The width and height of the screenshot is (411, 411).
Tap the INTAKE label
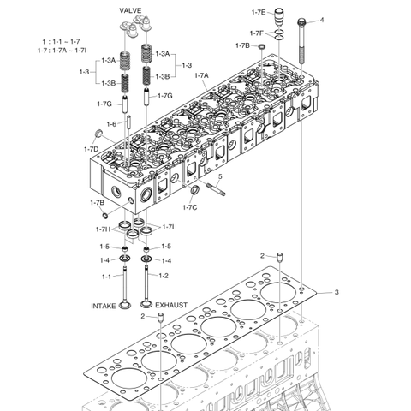point(104,305)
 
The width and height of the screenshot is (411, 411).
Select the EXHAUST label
point(171,305)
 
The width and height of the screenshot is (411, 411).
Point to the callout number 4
point(322,20)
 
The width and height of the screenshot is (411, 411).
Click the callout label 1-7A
point(202,76)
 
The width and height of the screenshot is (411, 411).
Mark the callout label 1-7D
point(91,150)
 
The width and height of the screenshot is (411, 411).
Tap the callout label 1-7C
point(189,206)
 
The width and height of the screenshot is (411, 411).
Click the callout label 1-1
point(107,276)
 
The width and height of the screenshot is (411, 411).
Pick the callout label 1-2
point(164,276)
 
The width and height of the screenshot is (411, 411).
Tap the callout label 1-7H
point(103,229)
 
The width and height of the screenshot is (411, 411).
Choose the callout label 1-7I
point(169,227)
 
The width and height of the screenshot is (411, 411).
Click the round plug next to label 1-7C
point(194,189)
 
